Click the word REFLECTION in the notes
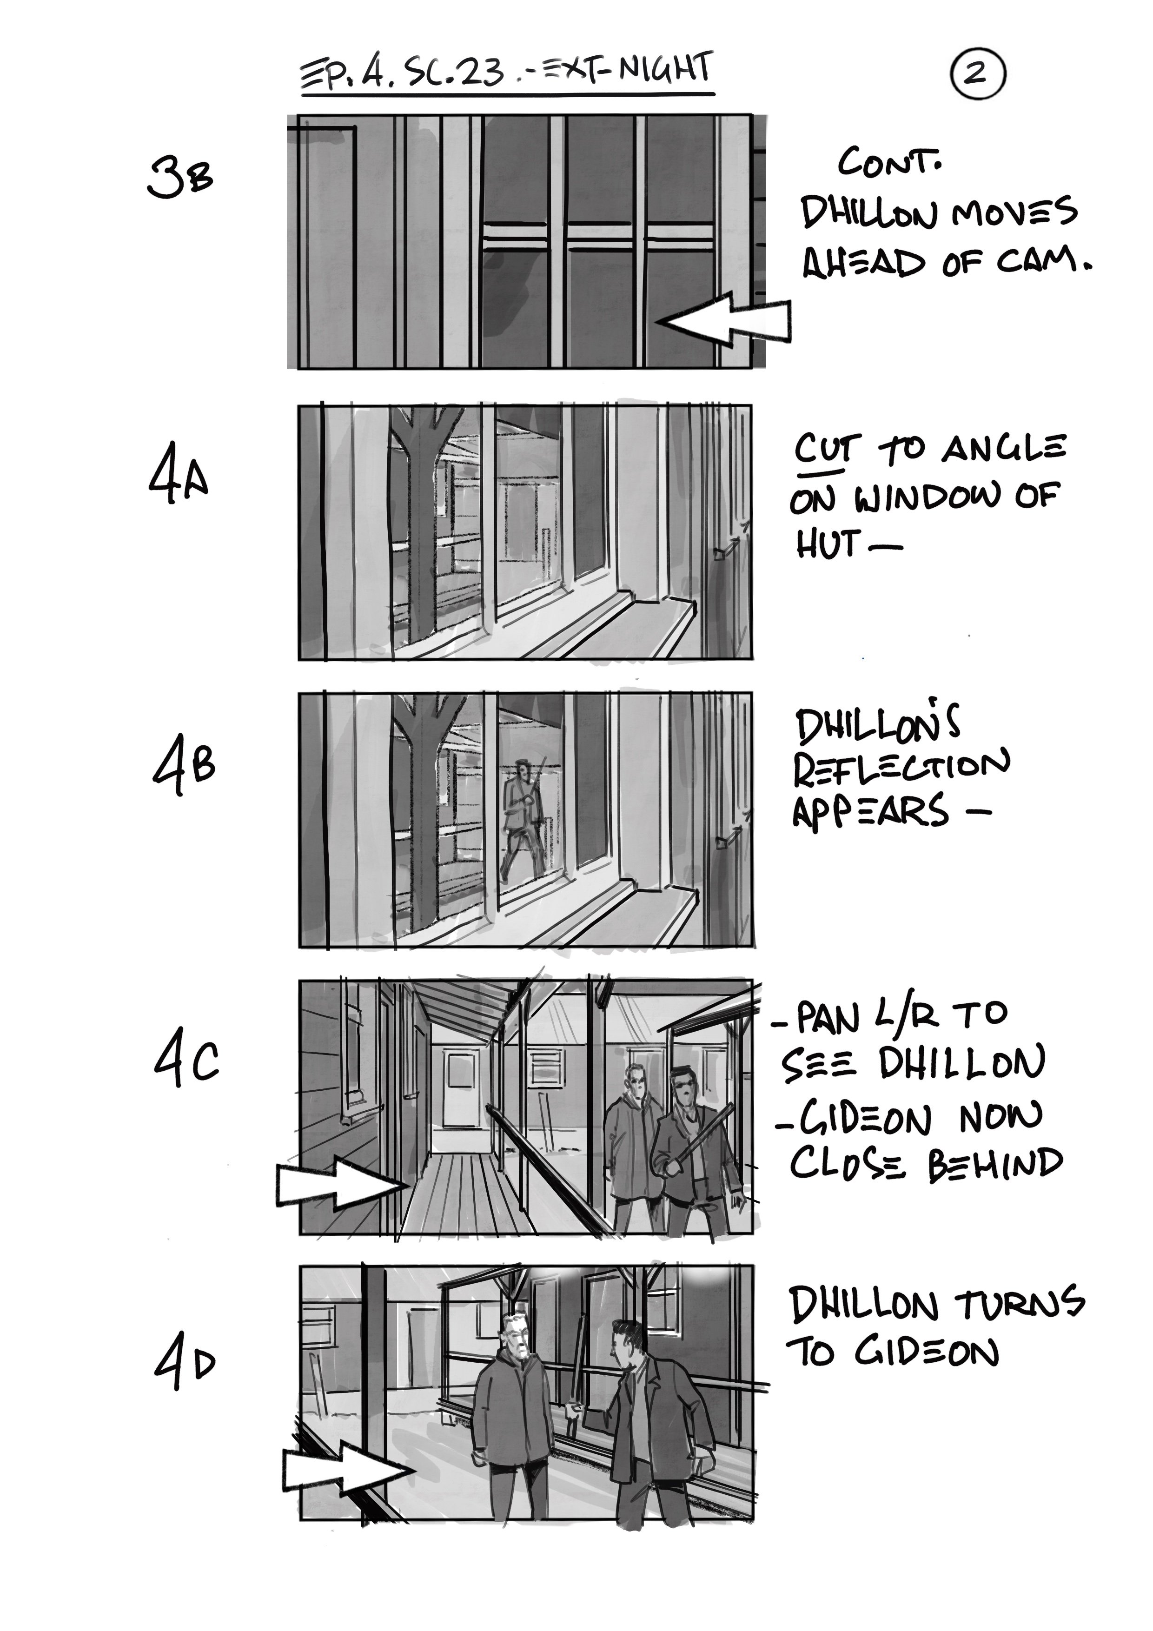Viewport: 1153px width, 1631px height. pyautogui.click(x=901, y=768)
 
